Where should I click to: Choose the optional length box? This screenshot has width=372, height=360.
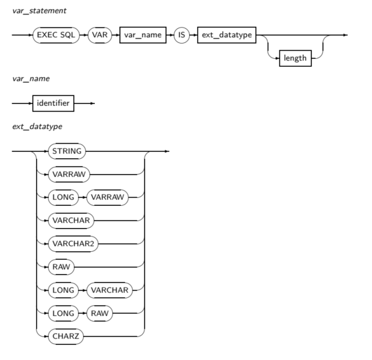coord(295,58)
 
